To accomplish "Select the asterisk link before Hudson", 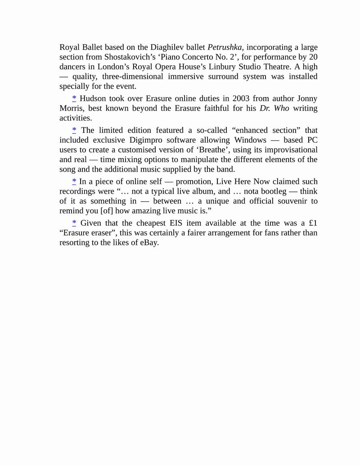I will point(74,99).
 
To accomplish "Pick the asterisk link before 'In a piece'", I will point(74,181).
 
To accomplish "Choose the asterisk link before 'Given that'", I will point(74,223).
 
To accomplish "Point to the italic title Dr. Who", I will point(274,109).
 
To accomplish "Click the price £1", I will point(313,223).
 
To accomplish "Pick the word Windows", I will point(250,140).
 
